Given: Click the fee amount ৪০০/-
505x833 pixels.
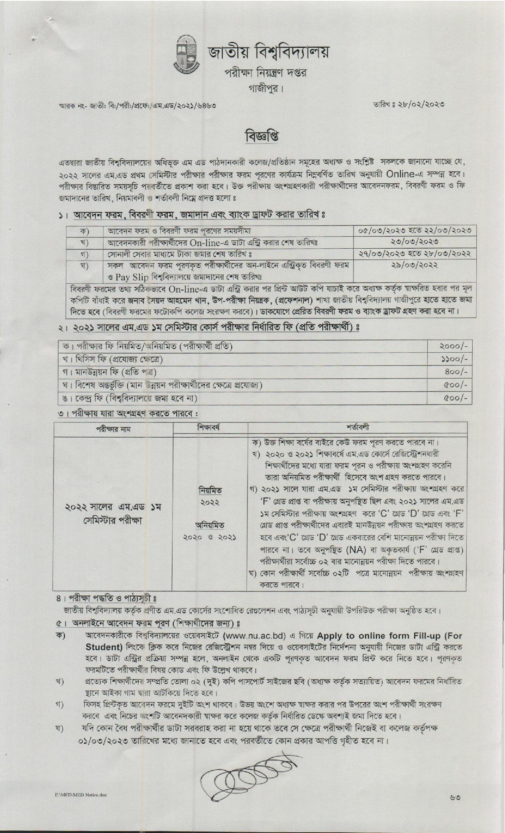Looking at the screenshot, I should tap(454, 372).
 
